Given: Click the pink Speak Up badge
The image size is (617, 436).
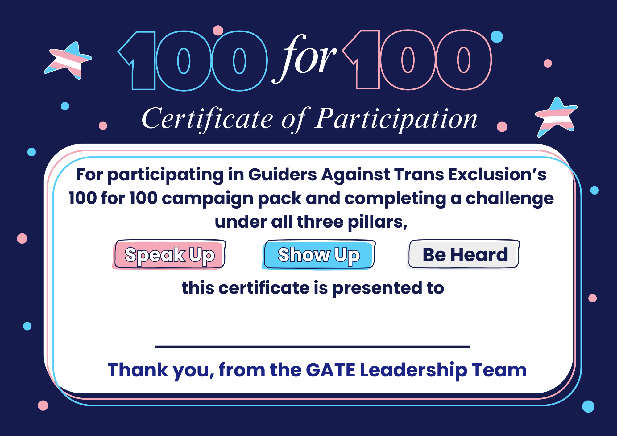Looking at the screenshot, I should point(169,255).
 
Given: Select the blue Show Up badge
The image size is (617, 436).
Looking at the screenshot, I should point(319,255).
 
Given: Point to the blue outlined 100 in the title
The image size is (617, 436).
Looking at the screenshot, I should point(193,61).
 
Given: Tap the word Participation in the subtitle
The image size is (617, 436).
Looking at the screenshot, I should point(396,119).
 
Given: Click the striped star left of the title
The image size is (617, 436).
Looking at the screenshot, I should point(69,60).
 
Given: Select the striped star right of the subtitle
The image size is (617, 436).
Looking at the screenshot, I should point(556,117).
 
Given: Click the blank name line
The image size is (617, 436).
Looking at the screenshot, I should point(313,346).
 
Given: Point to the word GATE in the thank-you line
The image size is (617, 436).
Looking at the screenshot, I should point(330,370).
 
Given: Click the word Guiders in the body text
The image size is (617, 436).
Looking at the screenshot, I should point(282,175).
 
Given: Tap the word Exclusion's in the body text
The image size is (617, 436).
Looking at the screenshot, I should point(497,175).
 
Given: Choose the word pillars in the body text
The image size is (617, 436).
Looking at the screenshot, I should point(377,222).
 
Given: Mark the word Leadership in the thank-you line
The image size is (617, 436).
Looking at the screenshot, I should point(413,370).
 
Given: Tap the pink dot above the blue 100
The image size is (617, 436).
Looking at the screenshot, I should point(218,30).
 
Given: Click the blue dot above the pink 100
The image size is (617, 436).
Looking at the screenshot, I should point(497,37).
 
